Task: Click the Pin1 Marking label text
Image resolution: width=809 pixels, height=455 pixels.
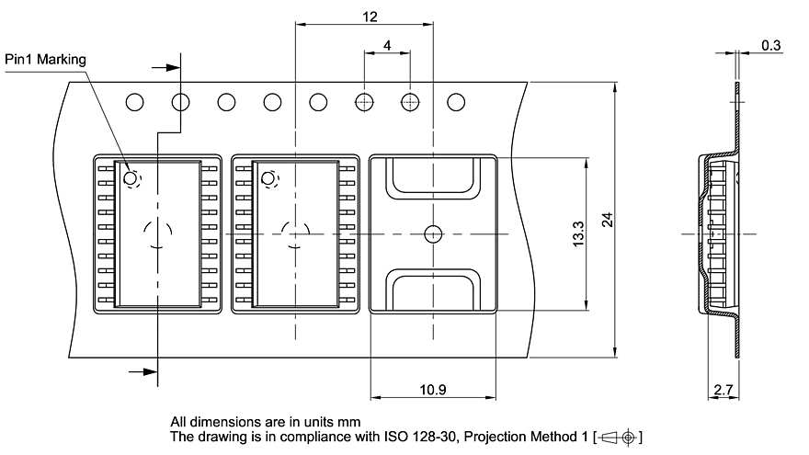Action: pos(45,60)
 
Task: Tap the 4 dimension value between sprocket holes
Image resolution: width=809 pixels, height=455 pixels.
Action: pos(387,45)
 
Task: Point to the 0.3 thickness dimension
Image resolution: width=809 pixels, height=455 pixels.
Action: pos(771,45)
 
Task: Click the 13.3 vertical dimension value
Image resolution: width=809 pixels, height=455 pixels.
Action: pos(577,233)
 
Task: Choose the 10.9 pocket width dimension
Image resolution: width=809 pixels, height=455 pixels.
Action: pos(432,390)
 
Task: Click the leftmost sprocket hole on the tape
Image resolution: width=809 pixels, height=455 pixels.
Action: pos(135,101)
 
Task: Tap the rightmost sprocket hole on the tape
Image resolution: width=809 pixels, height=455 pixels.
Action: pos(455,101)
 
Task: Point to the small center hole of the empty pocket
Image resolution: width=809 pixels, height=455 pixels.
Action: pos(432,233)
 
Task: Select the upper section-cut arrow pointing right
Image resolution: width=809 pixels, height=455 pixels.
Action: pos(166,67)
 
